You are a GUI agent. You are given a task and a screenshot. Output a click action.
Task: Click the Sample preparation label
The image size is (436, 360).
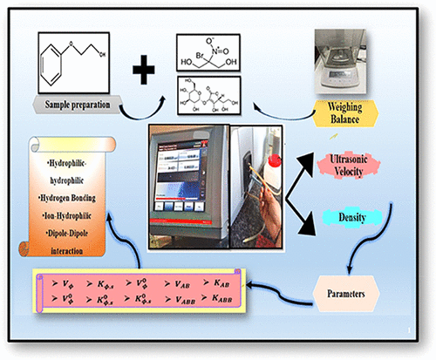(80, 105)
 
